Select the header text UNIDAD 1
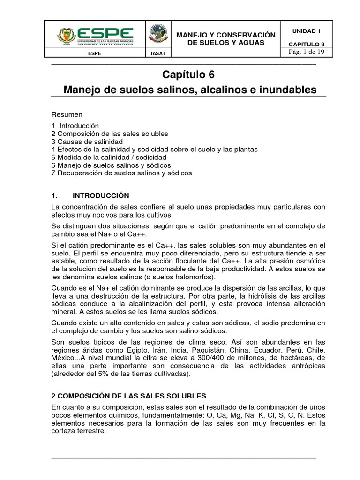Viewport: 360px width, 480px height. tap(306, 31)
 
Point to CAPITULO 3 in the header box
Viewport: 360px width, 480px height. tap(306, 44)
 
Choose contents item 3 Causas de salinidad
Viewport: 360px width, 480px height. tap(87, 142)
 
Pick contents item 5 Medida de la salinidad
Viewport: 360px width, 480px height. tap(102, 157)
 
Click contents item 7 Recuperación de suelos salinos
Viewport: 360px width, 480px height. tap(122, 173)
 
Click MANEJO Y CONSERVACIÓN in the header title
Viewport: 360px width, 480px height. tap(225, 35)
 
